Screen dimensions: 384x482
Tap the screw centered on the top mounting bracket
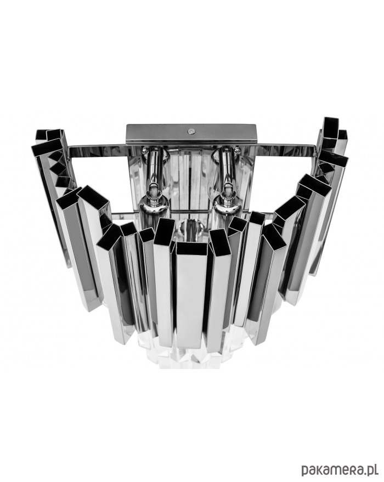pyautogui.click(x=191, y=131)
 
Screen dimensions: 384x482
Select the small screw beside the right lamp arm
pyautogui.click(x=237, y=150)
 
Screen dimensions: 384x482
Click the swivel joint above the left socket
pyautogui.click(x=154, y=191)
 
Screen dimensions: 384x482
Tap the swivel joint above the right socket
pyautogui.click(x=228, y=191)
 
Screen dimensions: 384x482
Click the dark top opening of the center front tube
pyautogui.click(x=191, y=249)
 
